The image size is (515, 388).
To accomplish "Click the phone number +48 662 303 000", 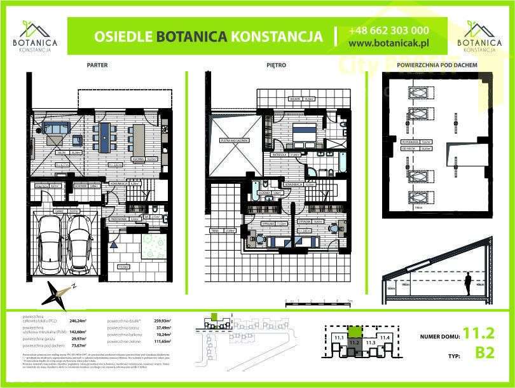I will point(388,31).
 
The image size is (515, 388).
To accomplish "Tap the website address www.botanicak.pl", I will point(389,43).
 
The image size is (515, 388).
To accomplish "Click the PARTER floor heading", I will point(97,65).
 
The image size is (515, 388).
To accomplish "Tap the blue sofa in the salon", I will point(57,128).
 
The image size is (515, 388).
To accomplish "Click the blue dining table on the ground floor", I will point(104,135).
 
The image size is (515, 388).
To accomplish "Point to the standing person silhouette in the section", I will point(469,284).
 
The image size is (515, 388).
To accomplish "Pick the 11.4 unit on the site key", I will point(384,337).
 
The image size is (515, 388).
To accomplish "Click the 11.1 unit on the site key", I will point(338,337).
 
